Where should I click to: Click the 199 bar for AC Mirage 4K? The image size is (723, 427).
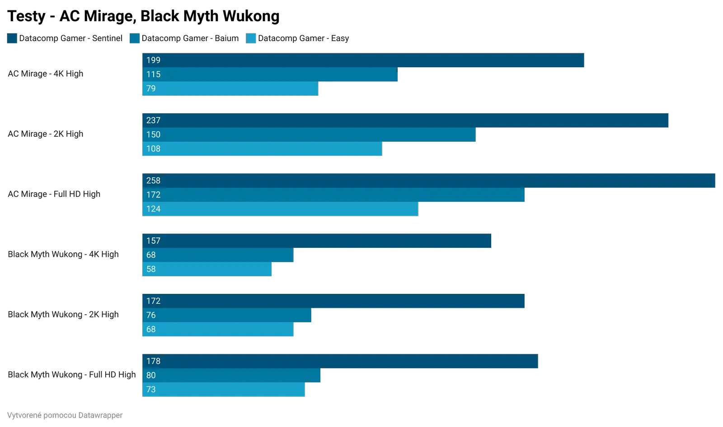363,60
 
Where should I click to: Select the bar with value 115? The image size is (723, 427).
269,74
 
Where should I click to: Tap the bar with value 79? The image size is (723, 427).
230,88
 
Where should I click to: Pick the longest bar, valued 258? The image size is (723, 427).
428,181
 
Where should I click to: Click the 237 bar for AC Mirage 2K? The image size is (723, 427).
405,121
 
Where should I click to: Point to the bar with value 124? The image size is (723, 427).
280,209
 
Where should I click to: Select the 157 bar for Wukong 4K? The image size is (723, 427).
316,241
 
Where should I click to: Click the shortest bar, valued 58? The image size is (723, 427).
207,269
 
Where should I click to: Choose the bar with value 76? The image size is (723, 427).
226,315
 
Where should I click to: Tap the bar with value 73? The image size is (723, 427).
223,390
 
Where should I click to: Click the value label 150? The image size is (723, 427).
153,135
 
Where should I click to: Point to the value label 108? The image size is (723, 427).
153,149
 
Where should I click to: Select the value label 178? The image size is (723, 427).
153,361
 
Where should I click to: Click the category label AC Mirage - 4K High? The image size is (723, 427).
45,74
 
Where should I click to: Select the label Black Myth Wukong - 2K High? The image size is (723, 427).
63,315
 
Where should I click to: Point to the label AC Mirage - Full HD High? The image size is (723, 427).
54,194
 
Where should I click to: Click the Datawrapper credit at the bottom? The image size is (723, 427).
65,415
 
